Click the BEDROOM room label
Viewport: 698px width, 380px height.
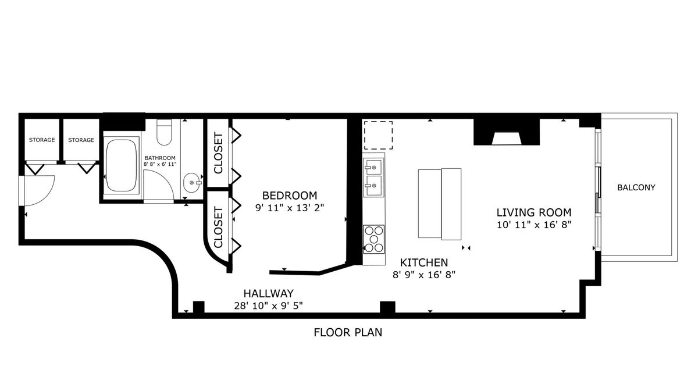tap(290, 196)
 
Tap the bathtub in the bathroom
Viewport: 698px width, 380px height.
tap(121, 165)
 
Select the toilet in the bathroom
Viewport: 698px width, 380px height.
tap(164, 132)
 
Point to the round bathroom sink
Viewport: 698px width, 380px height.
tap(191, 183)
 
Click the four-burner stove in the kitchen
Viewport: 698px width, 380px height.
tap(374, 239)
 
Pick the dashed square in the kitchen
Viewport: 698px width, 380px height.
tap(378, 135)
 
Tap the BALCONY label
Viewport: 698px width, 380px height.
tap(636, 187)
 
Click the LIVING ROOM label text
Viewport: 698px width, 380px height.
tap(534, 212)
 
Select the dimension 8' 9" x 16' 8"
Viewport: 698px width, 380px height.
tap(424, 275)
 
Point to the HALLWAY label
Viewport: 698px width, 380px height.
tap(269, 293)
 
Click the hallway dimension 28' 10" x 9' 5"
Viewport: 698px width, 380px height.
tap(269, 306)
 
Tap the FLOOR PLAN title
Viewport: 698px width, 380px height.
tap(348, 333)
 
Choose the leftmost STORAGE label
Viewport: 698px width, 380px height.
tap(42, 140)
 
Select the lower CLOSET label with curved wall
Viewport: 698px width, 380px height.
tap(219, 228)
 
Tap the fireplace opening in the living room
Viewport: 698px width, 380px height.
tap(507, 138)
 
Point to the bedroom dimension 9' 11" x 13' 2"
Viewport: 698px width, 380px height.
tap(290, 208)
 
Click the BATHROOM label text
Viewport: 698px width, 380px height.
tap(160, 158)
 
